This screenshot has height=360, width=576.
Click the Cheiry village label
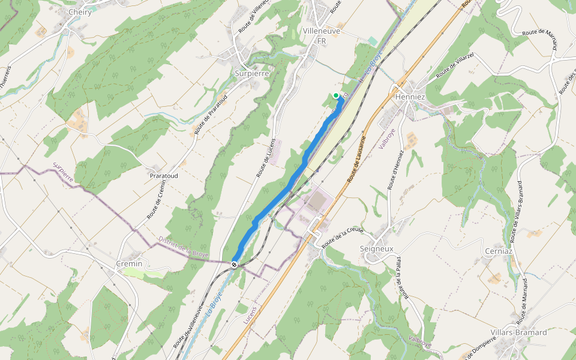[80, 12]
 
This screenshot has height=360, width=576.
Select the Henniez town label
[410, 97]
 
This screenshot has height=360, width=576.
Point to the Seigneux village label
[376, 248]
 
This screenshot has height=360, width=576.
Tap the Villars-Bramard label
[518, 332]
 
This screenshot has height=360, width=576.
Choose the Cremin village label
[129, 263]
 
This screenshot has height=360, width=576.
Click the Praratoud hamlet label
[163, 176]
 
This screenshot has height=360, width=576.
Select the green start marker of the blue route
[336, 95]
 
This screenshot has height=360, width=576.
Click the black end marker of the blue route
[234, 264]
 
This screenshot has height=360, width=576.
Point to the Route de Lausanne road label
[356, 157]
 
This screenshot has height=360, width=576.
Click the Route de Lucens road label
[267, 158]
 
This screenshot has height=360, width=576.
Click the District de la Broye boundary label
[183, 247]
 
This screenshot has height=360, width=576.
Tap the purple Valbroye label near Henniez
[387, 137]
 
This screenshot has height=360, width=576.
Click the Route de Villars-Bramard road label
[517, 211]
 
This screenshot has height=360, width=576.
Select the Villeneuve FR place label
[322, 35]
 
